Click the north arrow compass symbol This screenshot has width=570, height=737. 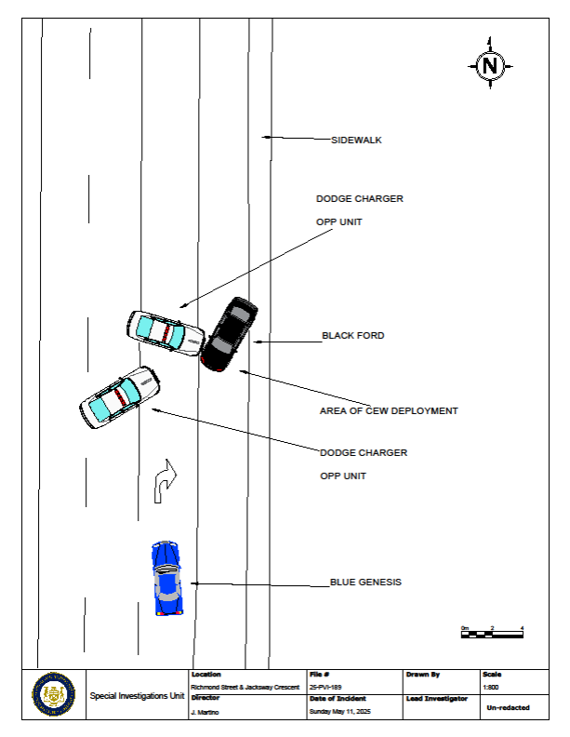[490, 64]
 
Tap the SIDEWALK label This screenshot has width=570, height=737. [357, 141]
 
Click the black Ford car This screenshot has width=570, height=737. [229, 334]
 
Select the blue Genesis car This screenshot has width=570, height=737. [166, 578]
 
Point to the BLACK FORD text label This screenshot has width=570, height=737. [353, 335]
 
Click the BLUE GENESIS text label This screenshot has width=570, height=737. [365, 582]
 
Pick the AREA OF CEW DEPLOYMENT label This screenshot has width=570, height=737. [389, 410]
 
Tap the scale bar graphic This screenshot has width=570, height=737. [492, 634]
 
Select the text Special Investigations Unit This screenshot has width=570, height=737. [137, 695]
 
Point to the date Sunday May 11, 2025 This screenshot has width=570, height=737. [338, 712]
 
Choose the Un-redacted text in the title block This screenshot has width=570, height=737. [508, 707]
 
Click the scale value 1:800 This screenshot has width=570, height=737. [491, 686]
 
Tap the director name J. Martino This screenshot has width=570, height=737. [204, 712]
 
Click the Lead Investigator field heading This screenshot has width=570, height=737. [436, 698]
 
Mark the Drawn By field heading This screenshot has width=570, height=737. [423, 674]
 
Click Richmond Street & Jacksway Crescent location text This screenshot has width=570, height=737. [245, 686]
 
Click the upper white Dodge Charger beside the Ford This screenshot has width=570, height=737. [166, 330]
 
